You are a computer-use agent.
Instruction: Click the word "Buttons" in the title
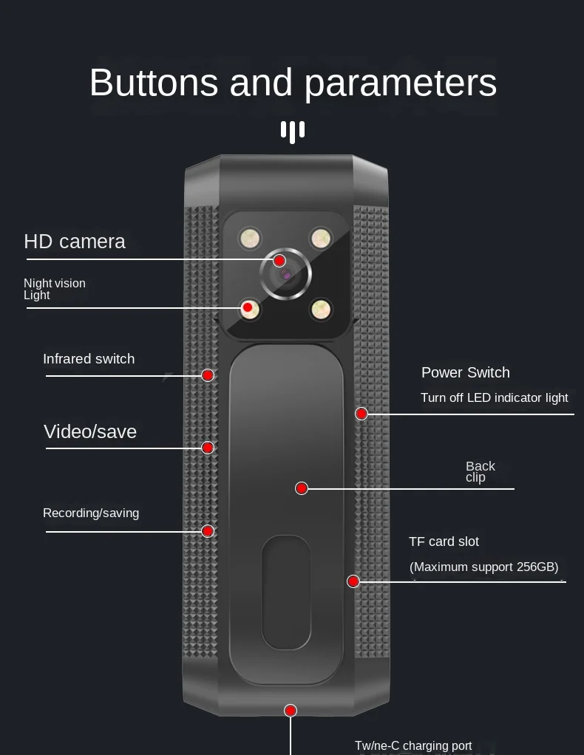tap(154, 83)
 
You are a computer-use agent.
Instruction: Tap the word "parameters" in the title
tap(401, 84)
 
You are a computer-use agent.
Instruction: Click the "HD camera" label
tap(75, 242)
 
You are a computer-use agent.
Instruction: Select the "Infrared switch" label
tap(89, 359)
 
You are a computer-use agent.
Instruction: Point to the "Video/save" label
tap(90, 431)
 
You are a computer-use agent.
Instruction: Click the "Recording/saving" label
tap(91, 513)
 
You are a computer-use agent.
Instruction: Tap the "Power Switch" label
tap(466, 372)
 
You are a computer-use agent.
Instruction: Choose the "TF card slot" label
tap(444, 542)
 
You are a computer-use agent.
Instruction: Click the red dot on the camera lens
tap(279, 261)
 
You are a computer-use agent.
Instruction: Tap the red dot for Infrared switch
tap(208, 375)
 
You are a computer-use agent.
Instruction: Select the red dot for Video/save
tap(208, 448)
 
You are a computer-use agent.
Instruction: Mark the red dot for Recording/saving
tap(208, 531)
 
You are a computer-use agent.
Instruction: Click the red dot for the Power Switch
tap(361, 414)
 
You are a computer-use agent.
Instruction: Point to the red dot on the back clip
tap(302, 488)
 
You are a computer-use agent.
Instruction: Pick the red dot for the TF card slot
tap(353, 581)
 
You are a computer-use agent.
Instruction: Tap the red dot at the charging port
tap(291, 711)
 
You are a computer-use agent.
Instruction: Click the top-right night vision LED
tap(320, 238)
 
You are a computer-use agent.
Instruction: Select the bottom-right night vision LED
tap(320, 309)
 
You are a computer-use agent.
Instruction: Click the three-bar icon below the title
tap(293, 131)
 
